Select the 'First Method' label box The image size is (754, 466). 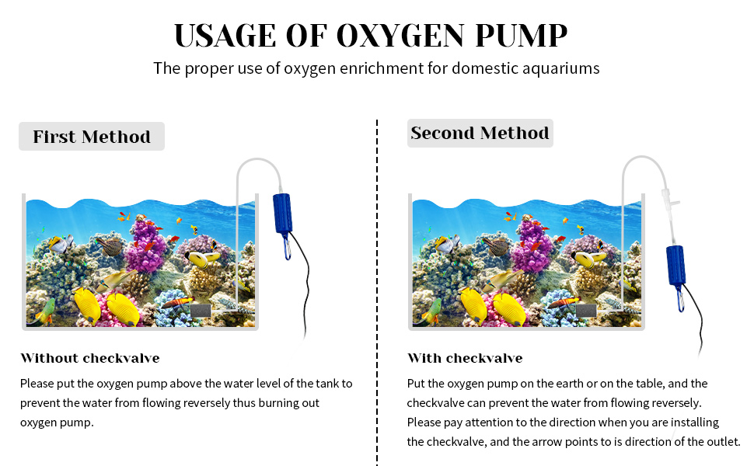click(92, 137)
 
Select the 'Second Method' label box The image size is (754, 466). click(480, 133)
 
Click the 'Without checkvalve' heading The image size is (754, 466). click(89, 358)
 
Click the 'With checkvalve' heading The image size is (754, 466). click(465, 358)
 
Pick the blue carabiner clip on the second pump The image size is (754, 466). click(681, 297)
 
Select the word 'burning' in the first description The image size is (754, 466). click(274, 403)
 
